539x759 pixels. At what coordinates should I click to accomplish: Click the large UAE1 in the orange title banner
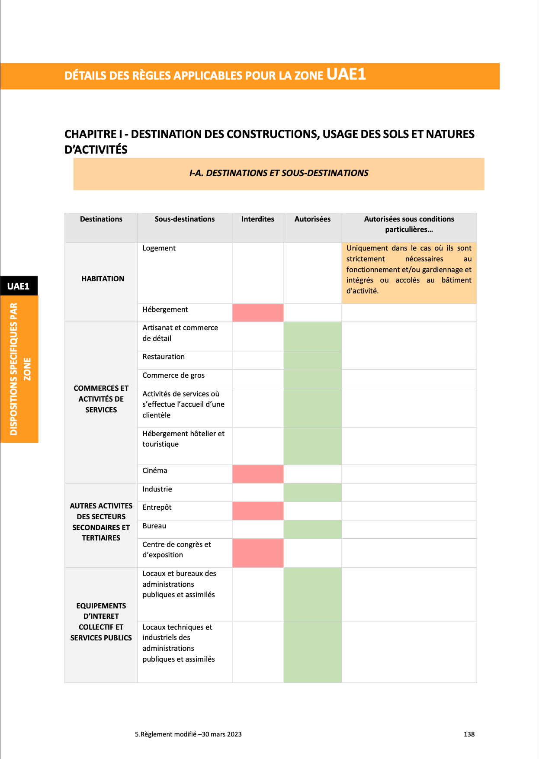pos(346,74)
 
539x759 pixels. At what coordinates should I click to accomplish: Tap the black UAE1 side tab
pos(18,286)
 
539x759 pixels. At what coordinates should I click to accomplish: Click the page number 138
pos(469,734)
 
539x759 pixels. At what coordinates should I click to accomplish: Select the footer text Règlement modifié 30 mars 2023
pos(188,734)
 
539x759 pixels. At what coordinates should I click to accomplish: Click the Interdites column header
pos(257,219)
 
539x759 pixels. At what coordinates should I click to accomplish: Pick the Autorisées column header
pos(312,219)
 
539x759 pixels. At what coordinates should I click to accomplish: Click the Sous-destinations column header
pos(185,219)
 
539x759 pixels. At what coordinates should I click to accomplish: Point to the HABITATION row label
pos(103,279)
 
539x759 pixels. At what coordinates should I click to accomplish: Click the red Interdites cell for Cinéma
pos(258,474)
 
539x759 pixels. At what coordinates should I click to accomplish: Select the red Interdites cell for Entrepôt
pos(258,511)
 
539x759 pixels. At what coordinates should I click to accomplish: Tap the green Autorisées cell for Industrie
pos(312,492)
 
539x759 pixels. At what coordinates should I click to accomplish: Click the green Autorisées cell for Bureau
pos(312,529)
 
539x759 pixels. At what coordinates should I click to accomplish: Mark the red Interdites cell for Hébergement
pos(258,313)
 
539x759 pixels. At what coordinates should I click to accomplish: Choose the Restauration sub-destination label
pos(164,357)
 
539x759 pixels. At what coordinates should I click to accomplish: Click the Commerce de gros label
pos(173,375)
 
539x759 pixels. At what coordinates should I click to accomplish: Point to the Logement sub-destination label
pos(159,248)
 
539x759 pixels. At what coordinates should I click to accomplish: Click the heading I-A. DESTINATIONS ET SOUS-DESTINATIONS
pos(279,173)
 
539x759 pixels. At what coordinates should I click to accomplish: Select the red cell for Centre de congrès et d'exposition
pos(258,553)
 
